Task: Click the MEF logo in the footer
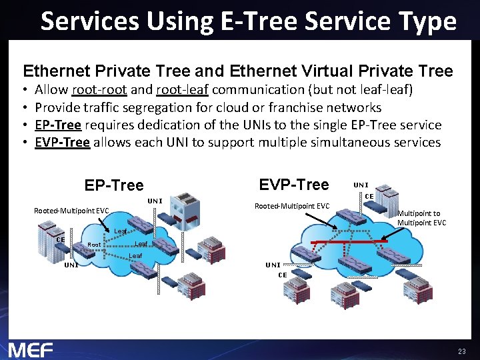pos(30,349)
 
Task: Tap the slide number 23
pos(461,351)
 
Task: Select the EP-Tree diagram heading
pos(114,185)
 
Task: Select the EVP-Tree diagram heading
pos(294,185)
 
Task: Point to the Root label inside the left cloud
pos(94,245)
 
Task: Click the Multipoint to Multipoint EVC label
pos(421,218)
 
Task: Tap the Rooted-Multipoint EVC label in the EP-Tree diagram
pos(71,211)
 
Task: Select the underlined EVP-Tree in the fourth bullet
pos(62,142)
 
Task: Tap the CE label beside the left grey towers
pos(60,239)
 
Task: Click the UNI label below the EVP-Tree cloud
pos(273,265)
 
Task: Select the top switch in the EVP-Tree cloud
pos(349,215)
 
